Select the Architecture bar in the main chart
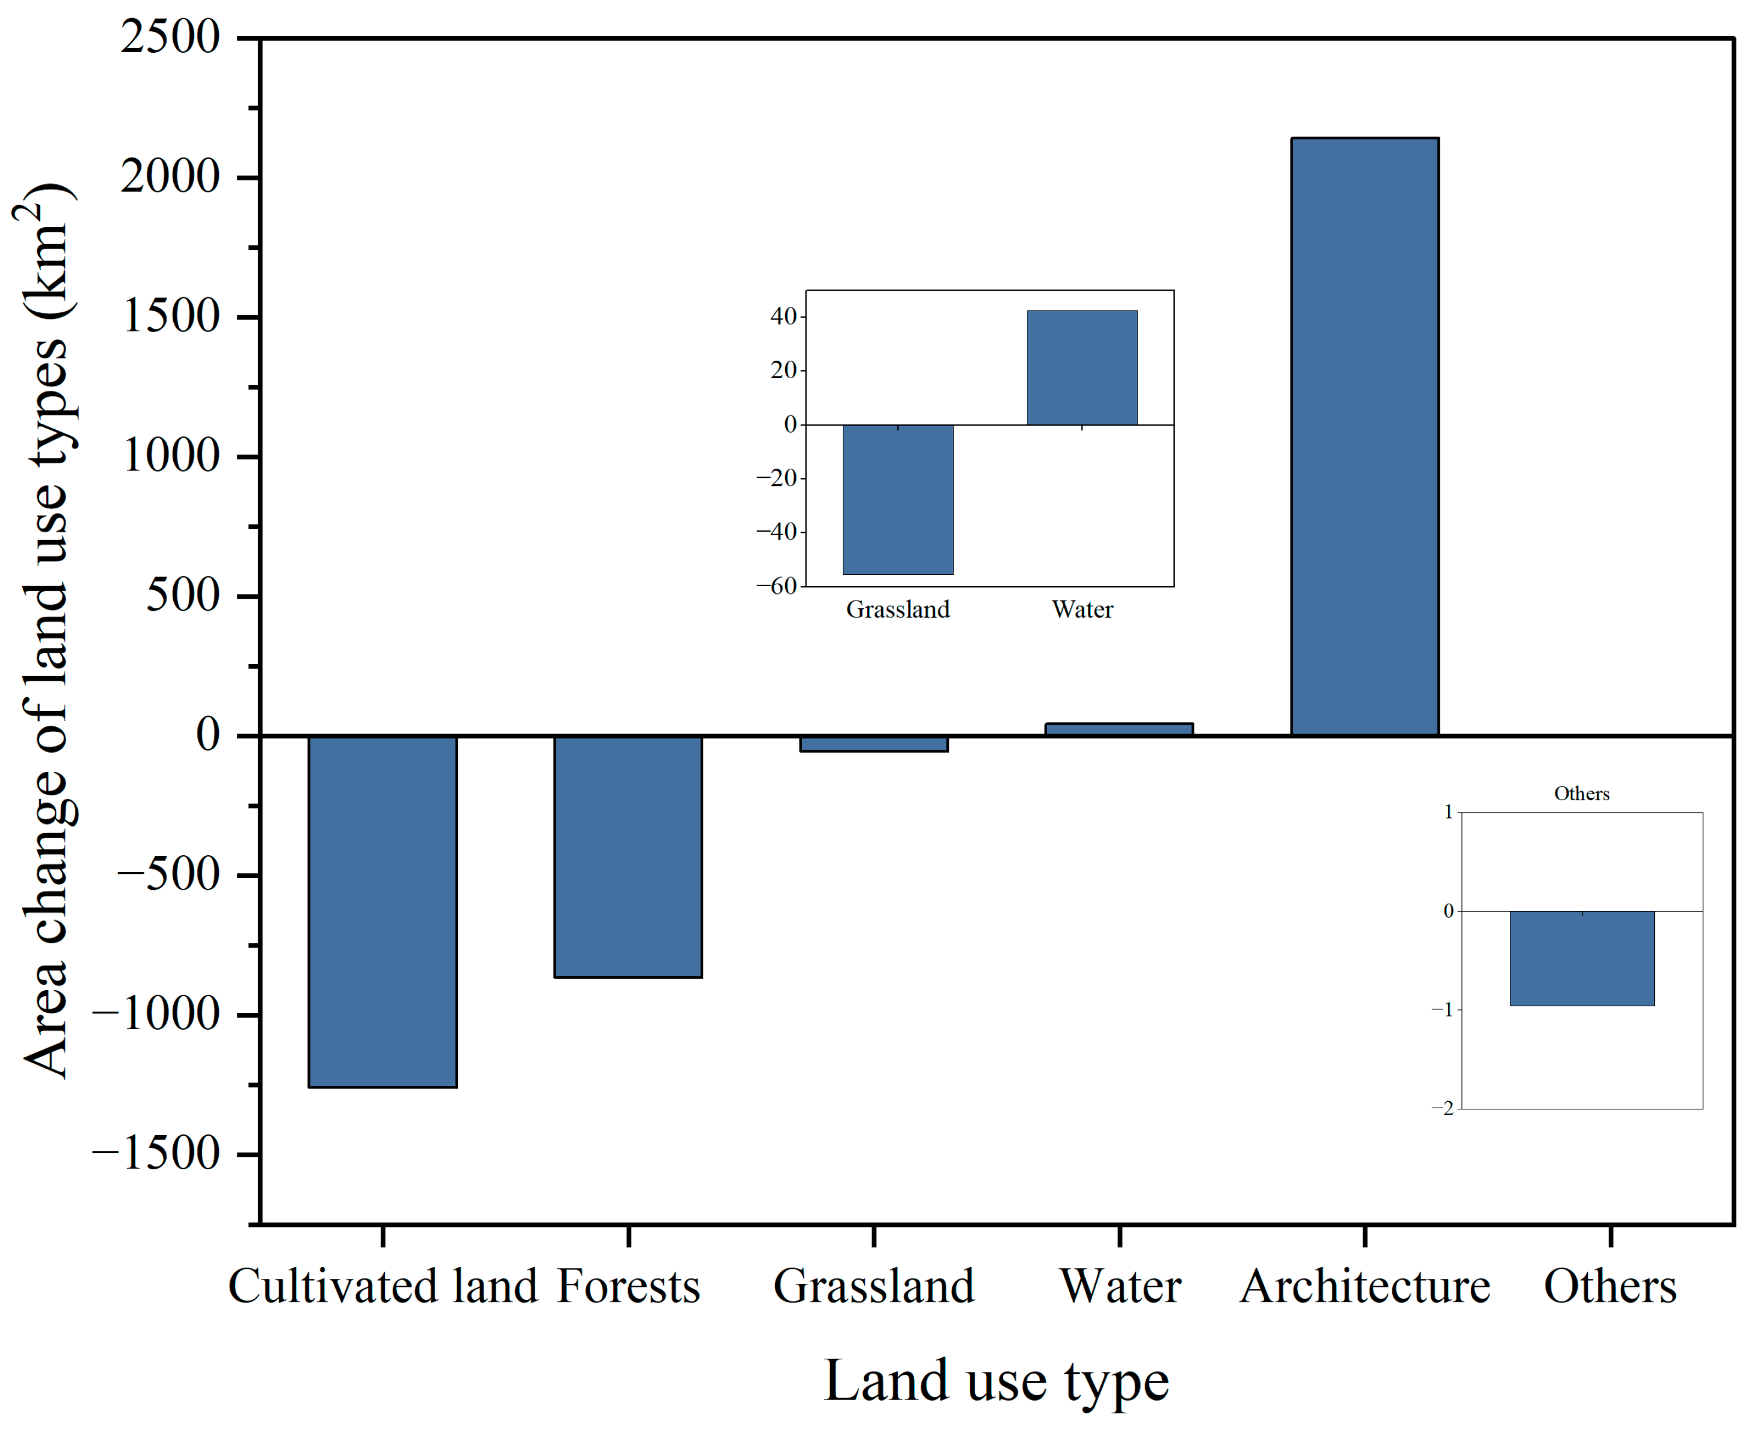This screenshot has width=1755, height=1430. tap(1364, 436)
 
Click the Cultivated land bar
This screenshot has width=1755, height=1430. tap(382, 910)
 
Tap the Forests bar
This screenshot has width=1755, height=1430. tap(628, 856)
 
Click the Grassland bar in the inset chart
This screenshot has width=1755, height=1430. tap(897, 499)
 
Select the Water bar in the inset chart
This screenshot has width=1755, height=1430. tap(1081, 367)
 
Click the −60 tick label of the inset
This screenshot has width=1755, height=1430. tap(776, 586)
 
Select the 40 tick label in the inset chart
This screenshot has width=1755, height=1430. tap(783, 316)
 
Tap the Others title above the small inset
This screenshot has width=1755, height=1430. tap(1581, 794)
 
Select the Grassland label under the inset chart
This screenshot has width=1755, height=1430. tap(897, 610)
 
